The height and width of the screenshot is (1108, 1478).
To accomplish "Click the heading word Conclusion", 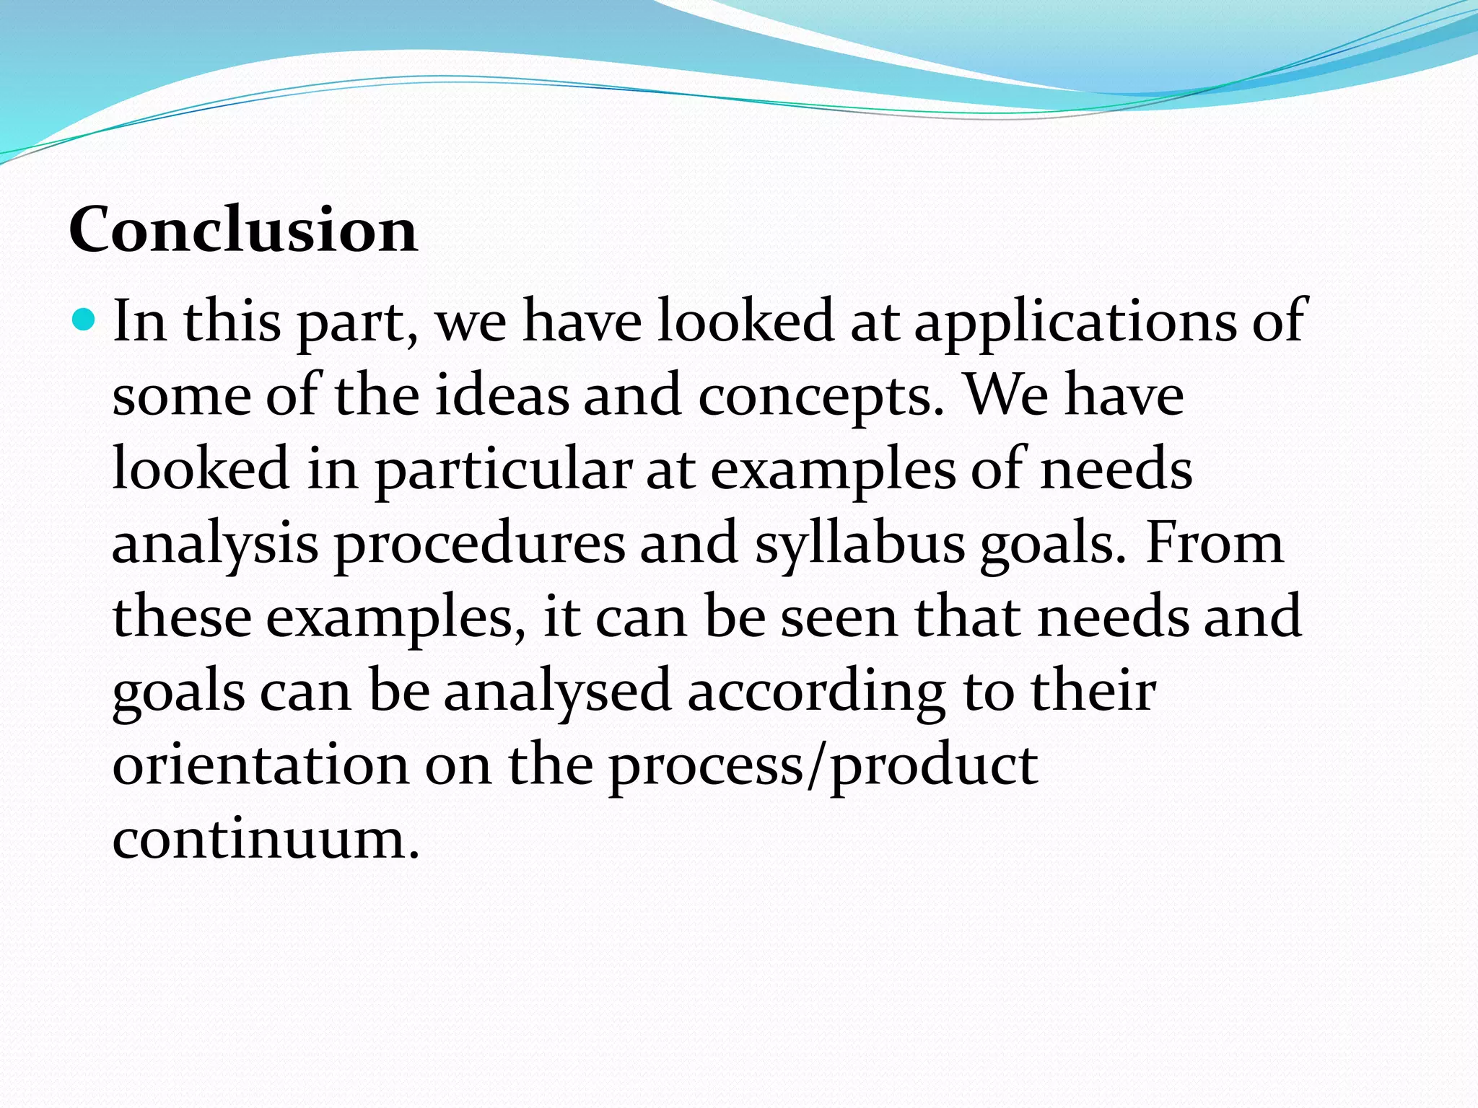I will click(x=243, y=229).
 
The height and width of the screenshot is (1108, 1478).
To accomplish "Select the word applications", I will click(x=1075, y=322).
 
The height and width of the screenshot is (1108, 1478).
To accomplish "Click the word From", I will click(x=1215, y=542).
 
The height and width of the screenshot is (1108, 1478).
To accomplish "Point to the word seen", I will click(x=839, y=617).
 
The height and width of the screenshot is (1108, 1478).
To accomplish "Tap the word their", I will click(x=1093, y=691).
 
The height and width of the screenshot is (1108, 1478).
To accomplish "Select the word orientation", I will click(x=261, y=765).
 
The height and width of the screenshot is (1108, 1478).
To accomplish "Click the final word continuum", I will click(x=266, y=839).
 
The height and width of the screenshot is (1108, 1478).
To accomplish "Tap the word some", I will click(x=182, y=397).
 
